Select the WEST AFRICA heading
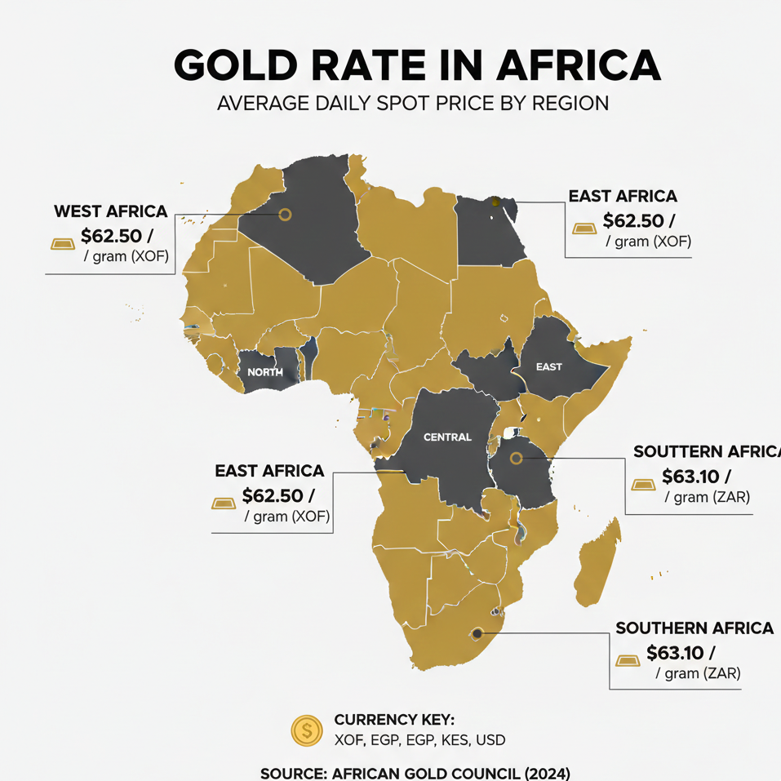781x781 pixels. tap(110, 211)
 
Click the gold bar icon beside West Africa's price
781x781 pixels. tap(62, 243)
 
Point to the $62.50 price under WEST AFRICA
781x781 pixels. tap(117, 236)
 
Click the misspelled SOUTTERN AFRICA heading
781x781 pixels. tap(707, 451)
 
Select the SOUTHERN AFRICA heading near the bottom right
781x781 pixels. tap(694, 628)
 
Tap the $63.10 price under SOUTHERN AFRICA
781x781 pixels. tap(680, 653)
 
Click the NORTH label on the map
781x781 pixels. tap(264, 372)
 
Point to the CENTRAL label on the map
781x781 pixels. tap(447, 437)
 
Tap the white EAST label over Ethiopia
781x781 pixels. tap(549, 366)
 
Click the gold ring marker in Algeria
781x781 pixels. tap(285, 215)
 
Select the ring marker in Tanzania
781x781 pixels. tap(516, 458)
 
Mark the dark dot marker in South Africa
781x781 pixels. tap(477, 633)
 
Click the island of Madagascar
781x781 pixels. tap(597, 555)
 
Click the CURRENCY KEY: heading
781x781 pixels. tap(393, 720)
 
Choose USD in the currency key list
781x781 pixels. tap(490, 740)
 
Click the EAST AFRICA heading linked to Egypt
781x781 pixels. tap(623, 196)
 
